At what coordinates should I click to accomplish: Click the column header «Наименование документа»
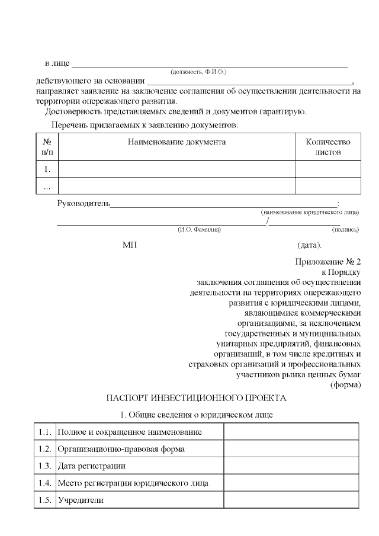tap(177, 142)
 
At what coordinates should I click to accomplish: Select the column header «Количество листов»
tap(327, 147)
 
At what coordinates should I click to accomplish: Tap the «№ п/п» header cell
tap(47, 147)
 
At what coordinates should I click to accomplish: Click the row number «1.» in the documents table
tap(47, 169)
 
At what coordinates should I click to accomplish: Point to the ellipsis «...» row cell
tap(47, 186)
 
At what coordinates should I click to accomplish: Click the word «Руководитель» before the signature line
tap(83, 204)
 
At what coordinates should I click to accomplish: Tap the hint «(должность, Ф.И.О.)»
tap(198, 72)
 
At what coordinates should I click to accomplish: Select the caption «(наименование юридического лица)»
tap(310, 212)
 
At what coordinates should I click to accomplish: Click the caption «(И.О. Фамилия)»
tap(199, 229)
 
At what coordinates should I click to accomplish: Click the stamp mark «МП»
tap(129, 245)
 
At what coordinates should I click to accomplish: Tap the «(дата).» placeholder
tap(309, 245)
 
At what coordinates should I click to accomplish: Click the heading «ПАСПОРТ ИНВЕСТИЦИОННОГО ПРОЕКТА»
tap(195, 397)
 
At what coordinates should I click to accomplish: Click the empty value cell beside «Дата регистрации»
tap(291, 466)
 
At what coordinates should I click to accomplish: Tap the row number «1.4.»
tap(43, 483)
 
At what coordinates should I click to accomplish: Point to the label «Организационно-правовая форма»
tap(121, 449)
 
